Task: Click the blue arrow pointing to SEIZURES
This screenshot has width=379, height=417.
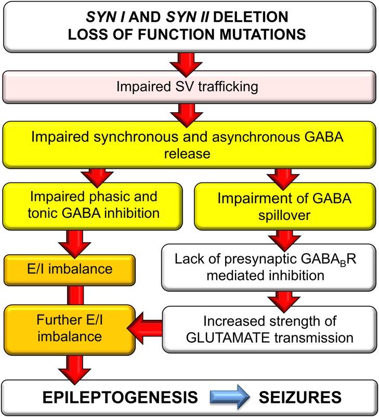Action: click(x=230, y=398)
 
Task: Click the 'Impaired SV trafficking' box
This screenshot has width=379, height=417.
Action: click(x=189, y=86)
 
